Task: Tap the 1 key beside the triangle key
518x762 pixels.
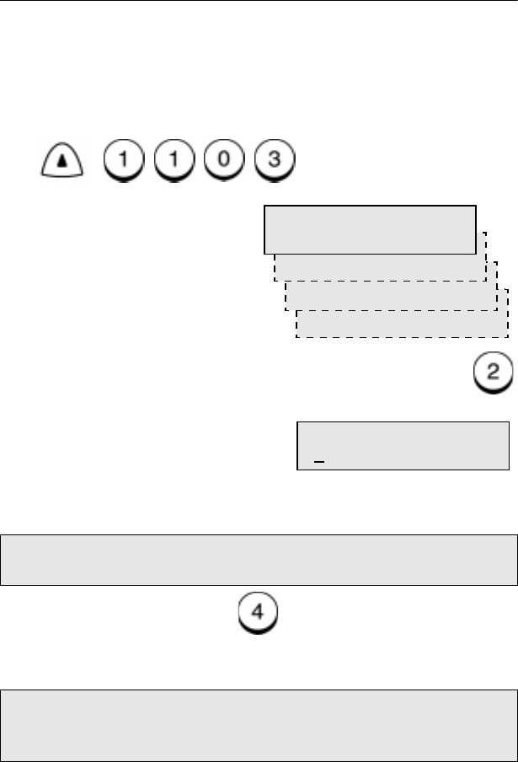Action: click(x=120, y=157)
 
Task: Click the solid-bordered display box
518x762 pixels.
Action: click(x=370, y=228)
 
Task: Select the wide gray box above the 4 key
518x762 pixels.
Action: click(x=259, y=558)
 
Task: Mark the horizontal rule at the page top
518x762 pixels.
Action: click(x=259, y=1)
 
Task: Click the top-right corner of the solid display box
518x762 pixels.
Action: click(x=475, y=204)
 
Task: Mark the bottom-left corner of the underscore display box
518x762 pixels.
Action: click(x=297, y=469)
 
